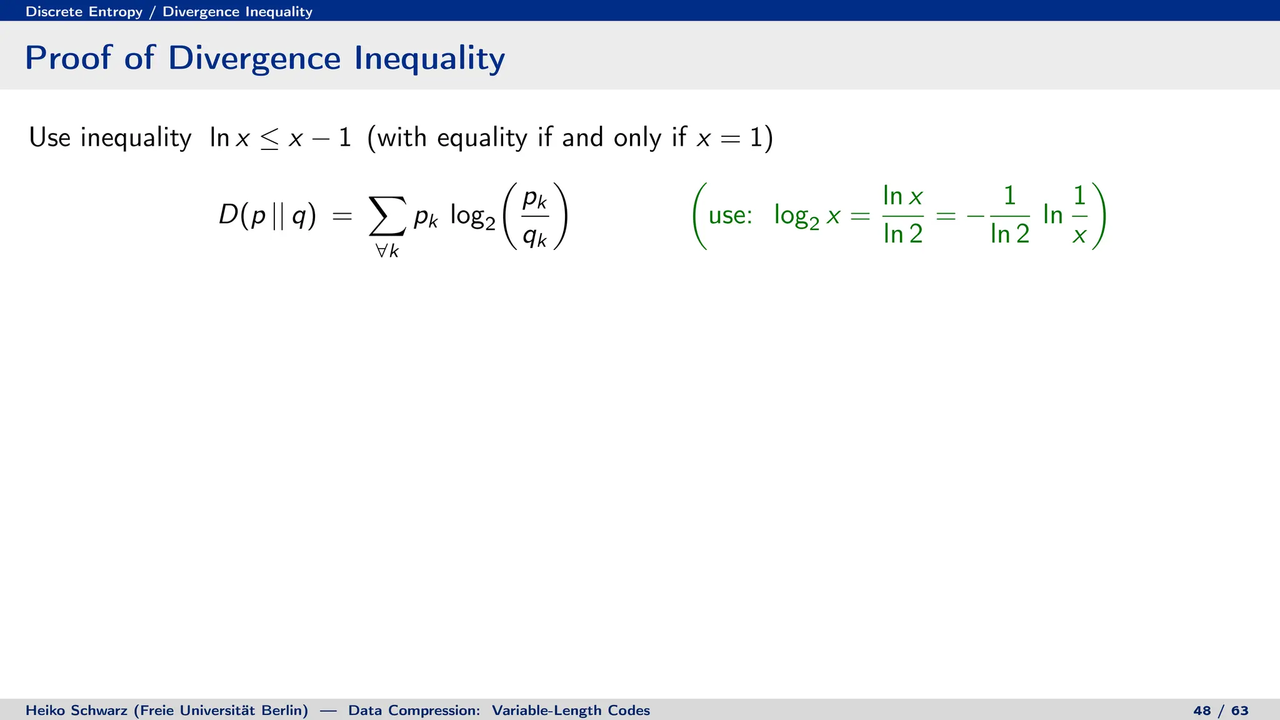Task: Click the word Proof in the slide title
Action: [67, 58]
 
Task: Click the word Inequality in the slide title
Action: [429, 58]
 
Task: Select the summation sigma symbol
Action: [387, 216]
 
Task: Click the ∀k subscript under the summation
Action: [387, 251]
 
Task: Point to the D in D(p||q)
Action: [228, 216]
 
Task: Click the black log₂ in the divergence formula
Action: [472, 217]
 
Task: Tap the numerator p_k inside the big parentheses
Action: [535, 199]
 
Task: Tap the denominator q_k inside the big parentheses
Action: [535, 236]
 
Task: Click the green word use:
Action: [729, 216]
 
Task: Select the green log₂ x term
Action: [806, 216]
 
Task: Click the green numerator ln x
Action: [902, 196]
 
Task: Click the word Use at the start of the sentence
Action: [49, 137]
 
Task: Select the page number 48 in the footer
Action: [1201, 711]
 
